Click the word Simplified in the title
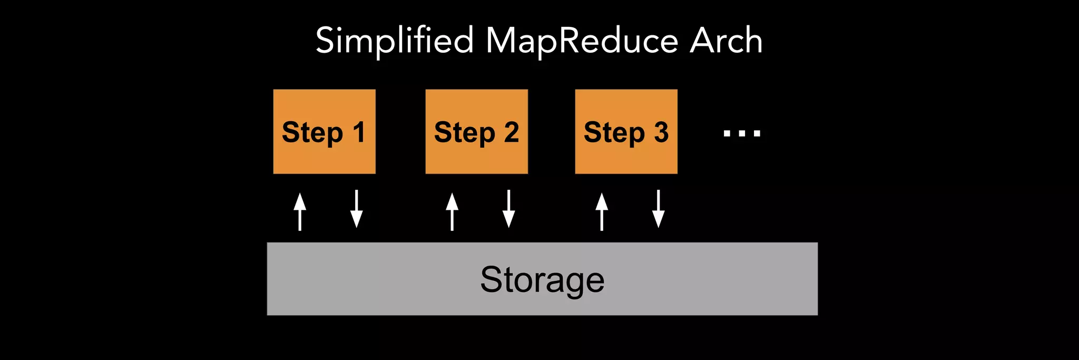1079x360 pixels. tap(395, 41)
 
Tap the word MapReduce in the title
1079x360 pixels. tap(581, 41)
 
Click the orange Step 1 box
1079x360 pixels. tap(324, 132)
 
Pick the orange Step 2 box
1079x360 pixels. tap(476, 132)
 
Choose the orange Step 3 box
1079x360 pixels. tap(626, 132)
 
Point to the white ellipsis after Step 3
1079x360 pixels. tap(742, 133)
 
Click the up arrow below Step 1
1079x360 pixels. tap(300, 211)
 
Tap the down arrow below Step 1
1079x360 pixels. tap(357, 209)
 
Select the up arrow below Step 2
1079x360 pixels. tap(452, 211)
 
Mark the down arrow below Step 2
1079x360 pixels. tap(508, 209)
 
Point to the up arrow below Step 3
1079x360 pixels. tap(602, 211)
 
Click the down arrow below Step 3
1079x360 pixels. tap(659, 209)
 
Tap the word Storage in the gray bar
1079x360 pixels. tap(542, 280)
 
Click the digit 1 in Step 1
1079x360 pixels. tap(359, 132)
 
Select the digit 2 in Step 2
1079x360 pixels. tap(512, 132)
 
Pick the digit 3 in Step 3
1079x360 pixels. tap(661, 132)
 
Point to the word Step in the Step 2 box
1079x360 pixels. tap(464, 133)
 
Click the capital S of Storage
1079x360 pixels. tap(491, 279)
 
